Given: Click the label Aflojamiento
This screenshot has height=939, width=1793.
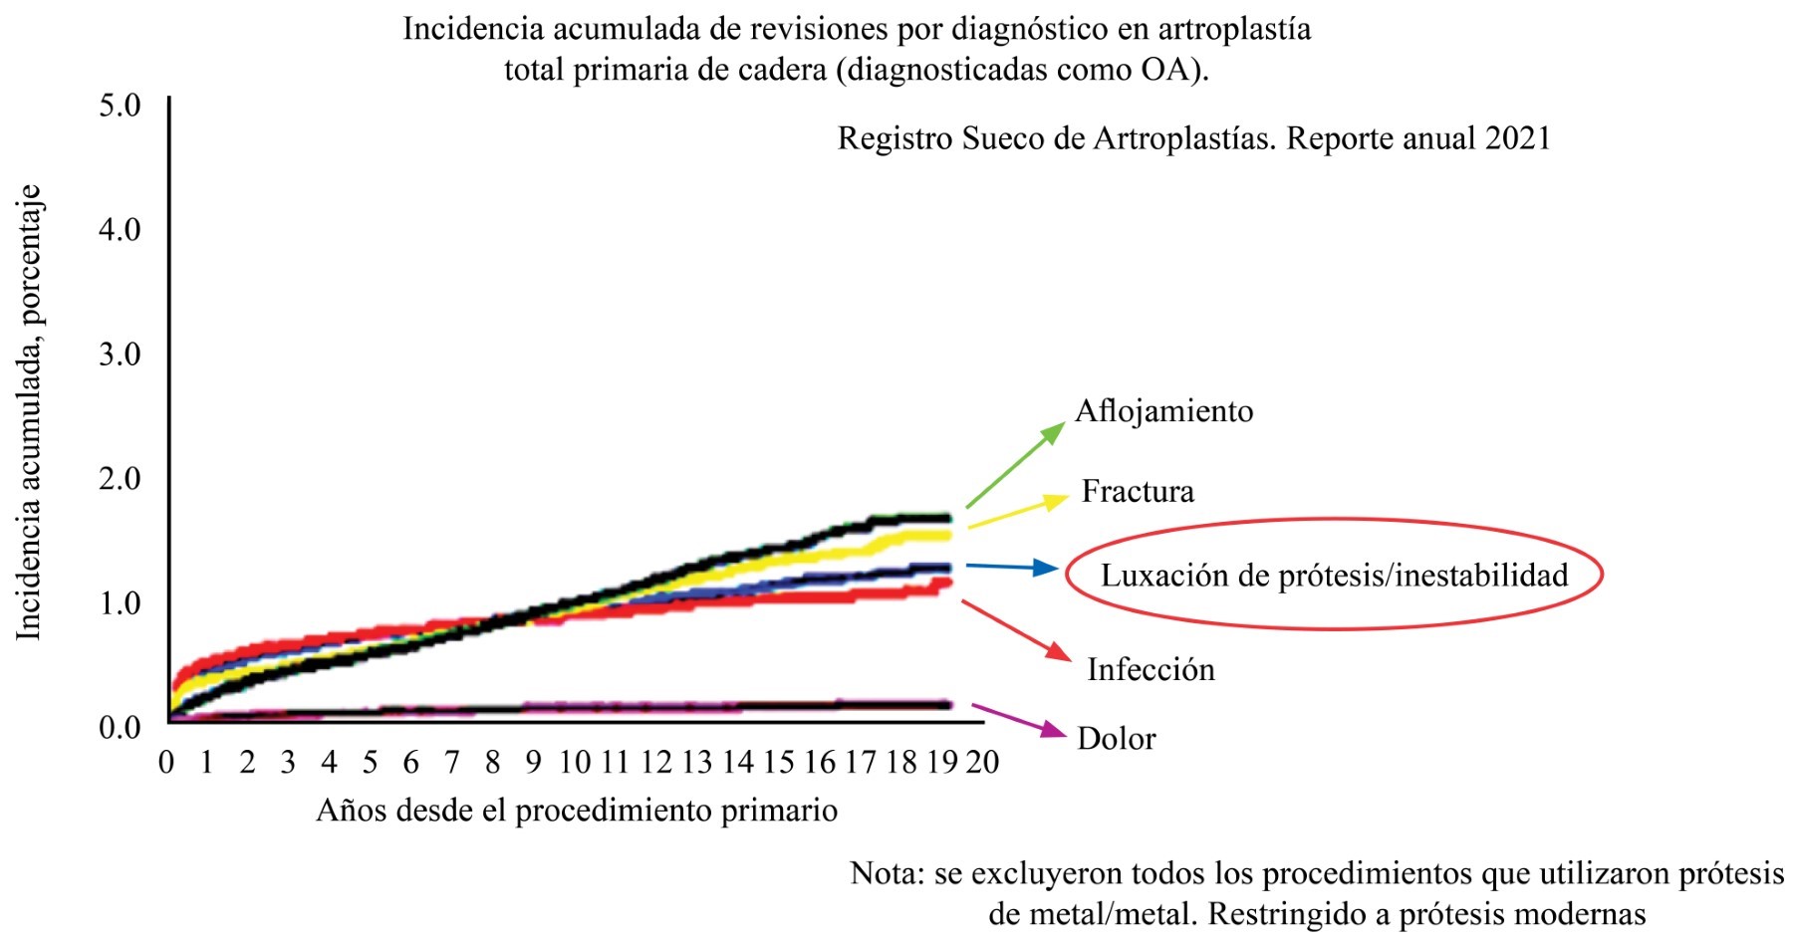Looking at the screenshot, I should [x=1163, y=411].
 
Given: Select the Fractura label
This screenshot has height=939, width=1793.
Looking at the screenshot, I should [x=1138, y=491].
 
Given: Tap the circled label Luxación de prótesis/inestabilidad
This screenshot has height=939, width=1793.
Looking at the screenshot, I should [x=1334, y=575].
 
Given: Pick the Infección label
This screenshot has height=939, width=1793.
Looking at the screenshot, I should [x=1151, y=669].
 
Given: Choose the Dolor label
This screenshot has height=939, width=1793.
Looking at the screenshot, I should [x=1117, y=739].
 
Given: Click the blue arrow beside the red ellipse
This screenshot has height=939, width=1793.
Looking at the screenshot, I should [x=1011, y=568].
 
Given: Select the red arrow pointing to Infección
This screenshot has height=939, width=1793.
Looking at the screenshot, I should [x=1016, y=629].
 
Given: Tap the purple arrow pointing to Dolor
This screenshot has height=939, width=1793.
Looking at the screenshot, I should [x=1018, y=721].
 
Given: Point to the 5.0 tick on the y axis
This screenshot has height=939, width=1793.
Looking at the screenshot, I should [x=120, y=106].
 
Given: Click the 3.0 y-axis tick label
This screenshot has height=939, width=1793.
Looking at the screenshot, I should [x=120, y=354].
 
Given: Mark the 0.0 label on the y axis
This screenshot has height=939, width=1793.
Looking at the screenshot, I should [x=120, y=728].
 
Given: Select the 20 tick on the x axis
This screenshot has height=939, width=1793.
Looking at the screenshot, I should [x=982, y=763].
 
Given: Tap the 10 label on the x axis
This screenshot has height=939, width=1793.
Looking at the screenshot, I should [x=574, y=763].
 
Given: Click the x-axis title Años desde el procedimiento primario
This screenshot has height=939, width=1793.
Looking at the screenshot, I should [x=576, y=811].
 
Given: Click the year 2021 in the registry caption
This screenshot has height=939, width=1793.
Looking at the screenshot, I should [x=1517, y=138].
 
